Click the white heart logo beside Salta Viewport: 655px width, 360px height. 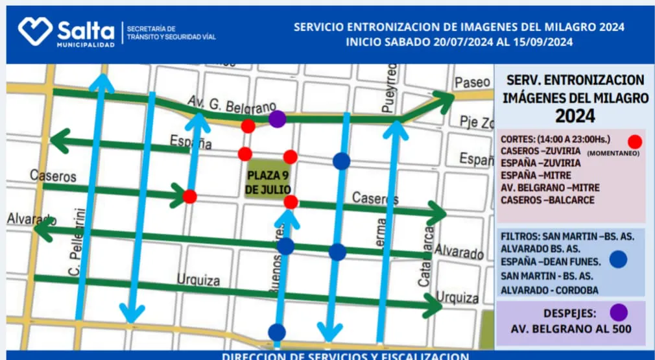pos(34,30)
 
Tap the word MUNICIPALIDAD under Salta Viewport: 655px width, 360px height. pos(86,45)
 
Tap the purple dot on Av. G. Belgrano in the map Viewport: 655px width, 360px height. pos(277,119)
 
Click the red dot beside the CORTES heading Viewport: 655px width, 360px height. pos(635,141)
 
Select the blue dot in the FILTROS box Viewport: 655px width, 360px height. pos(619,260)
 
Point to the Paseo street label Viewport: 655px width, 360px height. pos(473,82)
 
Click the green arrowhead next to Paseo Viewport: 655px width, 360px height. pos(444,99)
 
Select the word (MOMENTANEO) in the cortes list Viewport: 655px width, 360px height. pos(613,154)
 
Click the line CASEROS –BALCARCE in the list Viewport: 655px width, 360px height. pos(547,200)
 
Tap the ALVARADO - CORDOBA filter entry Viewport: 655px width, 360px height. pos(549,290)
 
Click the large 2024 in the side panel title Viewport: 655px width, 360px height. pos(575,116)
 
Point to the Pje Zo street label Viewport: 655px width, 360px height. pos(477,122)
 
